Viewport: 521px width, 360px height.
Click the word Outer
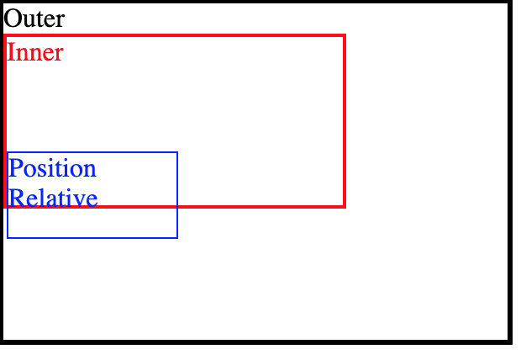click(34, 19)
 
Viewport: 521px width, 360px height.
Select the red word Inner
click(35, 52)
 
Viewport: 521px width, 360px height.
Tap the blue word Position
click(52, 168)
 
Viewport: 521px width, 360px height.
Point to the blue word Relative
click(52, 199)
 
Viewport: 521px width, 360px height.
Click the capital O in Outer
click(13, 19)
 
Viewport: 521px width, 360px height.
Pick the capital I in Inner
click(10, 52)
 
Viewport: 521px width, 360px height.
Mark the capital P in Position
click(15, 168)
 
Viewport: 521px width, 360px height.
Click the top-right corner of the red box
click(345, 36)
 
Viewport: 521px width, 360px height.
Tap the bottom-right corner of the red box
click(345, 205)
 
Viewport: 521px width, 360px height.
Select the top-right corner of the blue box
click(176, 153)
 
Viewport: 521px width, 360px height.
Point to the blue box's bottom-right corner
click(176, 237)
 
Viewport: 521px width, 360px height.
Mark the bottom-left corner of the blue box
click(8, 237)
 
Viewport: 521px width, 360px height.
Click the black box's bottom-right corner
click(509, 341)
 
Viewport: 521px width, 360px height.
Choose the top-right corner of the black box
click(509, 3)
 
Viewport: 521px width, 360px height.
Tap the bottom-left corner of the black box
click(3, 341)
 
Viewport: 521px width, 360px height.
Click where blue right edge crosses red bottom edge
click(176, 205)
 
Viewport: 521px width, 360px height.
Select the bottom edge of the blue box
click(92, 237)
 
